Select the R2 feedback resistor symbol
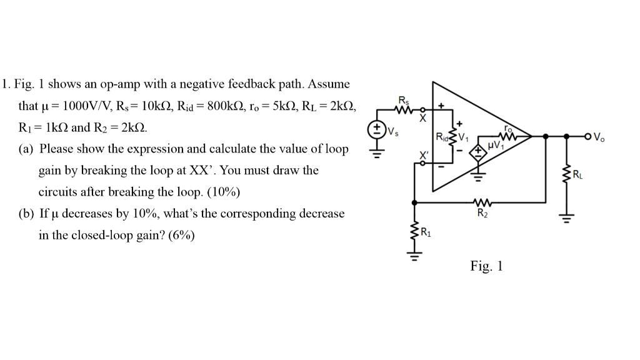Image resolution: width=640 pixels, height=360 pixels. (x=482, y=202)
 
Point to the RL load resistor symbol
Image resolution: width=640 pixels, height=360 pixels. (x=567, y=176)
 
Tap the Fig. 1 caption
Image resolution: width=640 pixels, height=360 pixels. (x=486, y=266)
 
